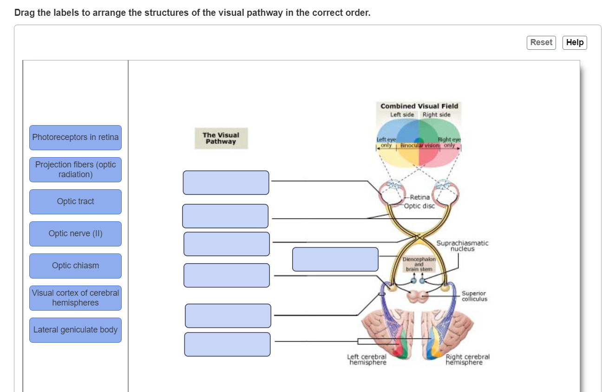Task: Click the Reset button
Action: (541, 42)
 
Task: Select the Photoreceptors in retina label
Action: (75, 138)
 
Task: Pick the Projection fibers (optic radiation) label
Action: (75, 170)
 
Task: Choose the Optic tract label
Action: (75, 201)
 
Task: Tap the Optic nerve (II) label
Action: (75, 233)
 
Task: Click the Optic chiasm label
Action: (75, 266)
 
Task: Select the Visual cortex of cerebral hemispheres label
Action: (75, 298)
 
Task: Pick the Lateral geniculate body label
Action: (75, 330)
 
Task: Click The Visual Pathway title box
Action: (221, 138)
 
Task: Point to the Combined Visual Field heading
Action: (419, 106)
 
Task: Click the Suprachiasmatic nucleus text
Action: (463, 246)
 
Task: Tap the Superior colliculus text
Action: (474, 296)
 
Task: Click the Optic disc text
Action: (419, 206)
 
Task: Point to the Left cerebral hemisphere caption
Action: (367, 359)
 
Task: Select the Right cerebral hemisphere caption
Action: (467, 359)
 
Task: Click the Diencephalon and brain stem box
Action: (419, 264)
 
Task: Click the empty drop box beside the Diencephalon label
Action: (335, 259)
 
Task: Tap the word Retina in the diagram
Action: (420, 198)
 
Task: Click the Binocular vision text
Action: (420, 145)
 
